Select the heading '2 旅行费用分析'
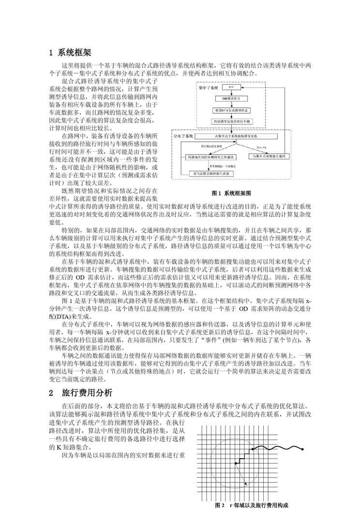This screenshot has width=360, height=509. [x=80, y=392]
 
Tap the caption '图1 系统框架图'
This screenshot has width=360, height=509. [x=232, y=193]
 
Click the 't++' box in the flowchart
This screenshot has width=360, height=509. [x=231, y=87]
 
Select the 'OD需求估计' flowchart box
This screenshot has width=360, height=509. [x=231, y=98]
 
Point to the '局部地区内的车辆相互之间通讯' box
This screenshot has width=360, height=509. [x=210, y=157]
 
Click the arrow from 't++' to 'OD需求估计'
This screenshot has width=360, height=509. [x=231, y=92]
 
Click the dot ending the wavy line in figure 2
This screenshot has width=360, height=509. [x=302, y=449]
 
